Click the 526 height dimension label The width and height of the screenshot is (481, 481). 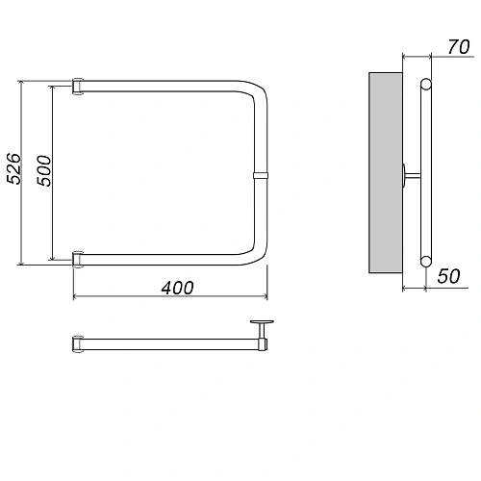(x=13, y=168)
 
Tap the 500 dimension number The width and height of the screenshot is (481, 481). (x=43, y=170)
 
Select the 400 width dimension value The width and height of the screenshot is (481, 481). (x=177, y=288)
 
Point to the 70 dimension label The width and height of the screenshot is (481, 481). (x=459, y=47)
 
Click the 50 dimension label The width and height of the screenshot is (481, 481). (x=448, y=276)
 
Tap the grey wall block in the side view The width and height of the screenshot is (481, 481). (x=386, y=173)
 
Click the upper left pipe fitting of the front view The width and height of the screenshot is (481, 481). (x=78, y=87)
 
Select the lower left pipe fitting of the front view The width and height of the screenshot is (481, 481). (x=78, y=260)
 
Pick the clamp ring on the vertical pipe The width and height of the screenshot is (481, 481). (x=261, y=175)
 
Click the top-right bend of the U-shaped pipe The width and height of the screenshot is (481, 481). (x=257, y=89)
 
